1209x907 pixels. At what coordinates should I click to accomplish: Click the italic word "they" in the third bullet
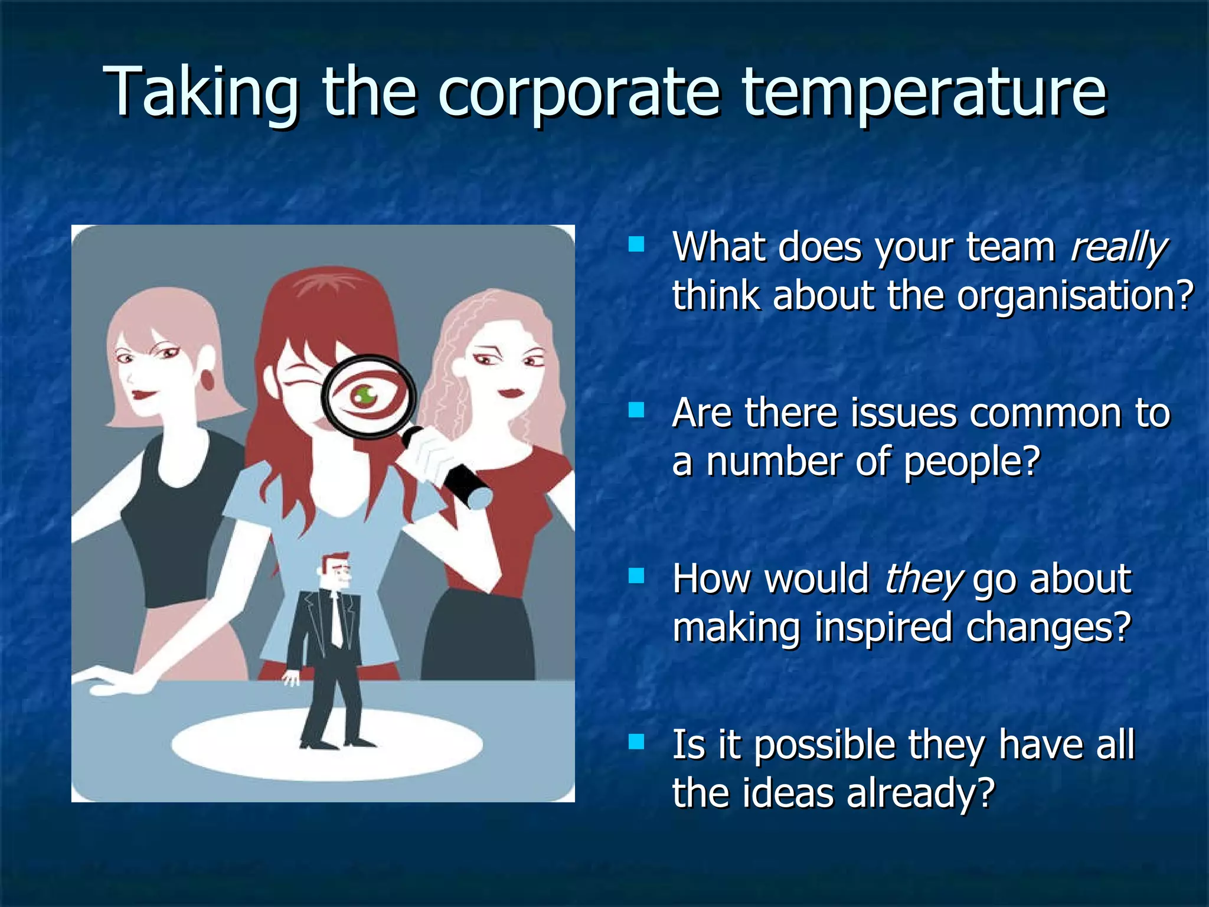point(923,579)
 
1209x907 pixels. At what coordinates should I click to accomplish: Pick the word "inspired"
point(883,627)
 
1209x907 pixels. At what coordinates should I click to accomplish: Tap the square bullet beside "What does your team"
point(636,244)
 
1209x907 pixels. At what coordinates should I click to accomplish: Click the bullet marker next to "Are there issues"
point(636,410)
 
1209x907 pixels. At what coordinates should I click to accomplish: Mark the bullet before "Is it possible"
point(636,742)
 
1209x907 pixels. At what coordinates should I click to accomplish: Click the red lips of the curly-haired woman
point(510,393)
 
